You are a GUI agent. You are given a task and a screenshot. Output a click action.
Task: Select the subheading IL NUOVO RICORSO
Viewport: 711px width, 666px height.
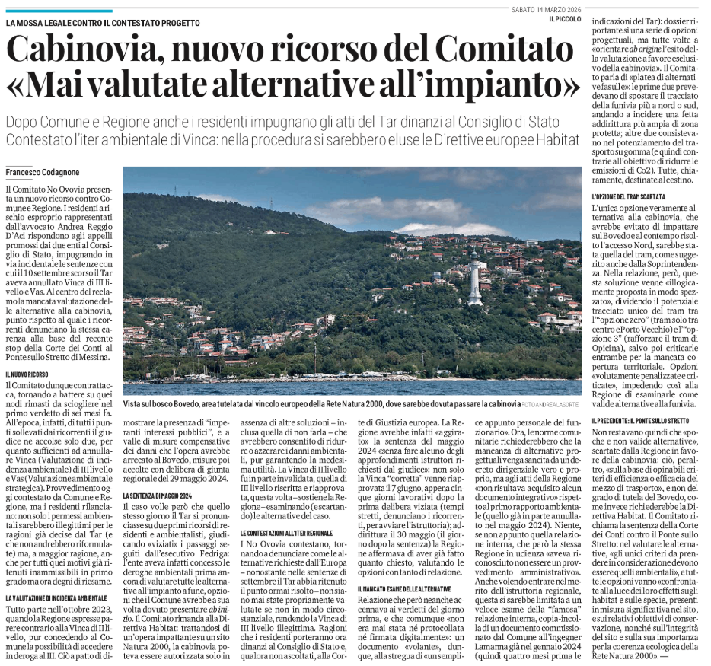click(x=30, y=374)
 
